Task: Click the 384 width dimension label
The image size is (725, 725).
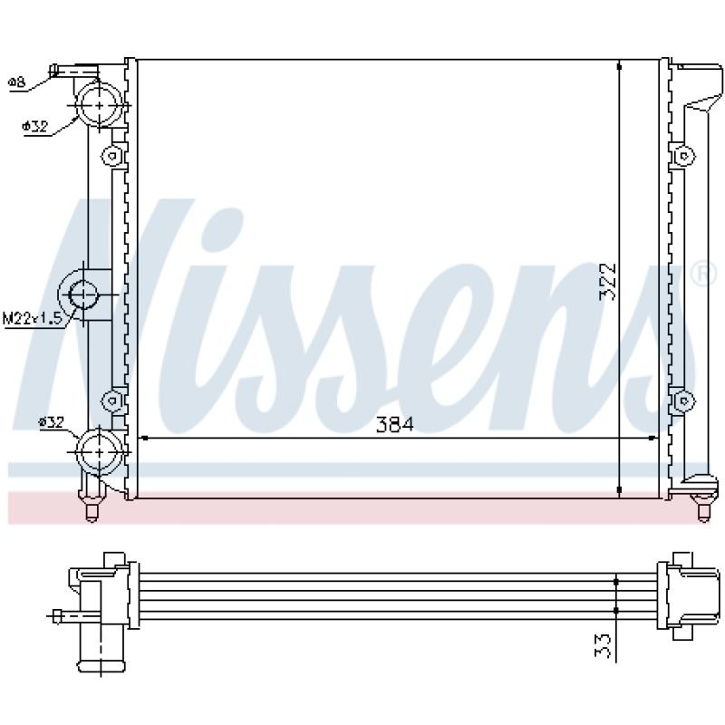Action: (394, 424)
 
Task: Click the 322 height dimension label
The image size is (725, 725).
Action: (607, 282)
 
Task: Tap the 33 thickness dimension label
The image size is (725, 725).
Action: (603, 645)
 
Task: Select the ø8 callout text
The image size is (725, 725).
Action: (16, 82)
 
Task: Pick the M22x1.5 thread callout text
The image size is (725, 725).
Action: (33, 319)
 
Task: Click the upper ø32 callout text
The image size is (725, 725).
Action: (35, 126)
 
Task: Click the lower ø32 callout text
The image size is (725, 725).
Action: (52, 421)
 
